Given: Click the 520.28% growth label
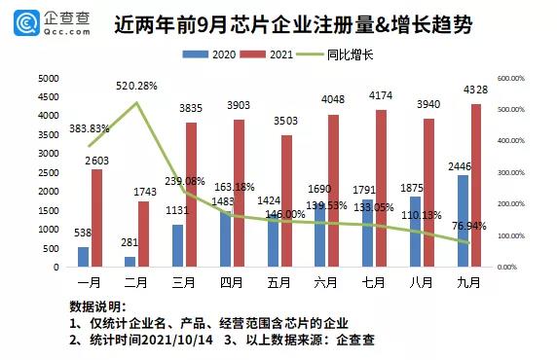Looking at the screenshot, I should tap(133, 86).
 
